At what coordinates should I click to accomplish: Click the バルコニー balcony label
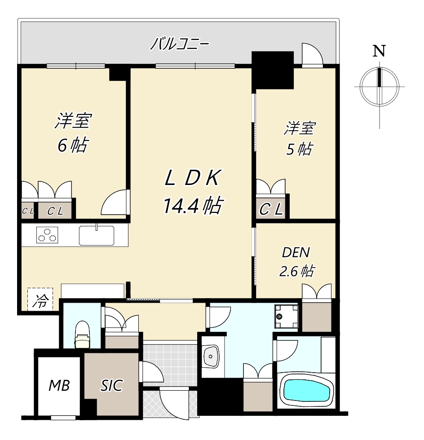(180, 44)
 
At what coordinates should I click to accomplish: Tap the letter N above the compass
(379, 51)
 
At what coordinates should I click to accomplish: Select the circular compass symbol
(380, 86)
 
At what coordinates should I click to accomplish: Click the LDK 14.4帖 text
(193, 192)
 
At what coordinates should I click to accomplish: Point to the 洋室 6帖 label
(73, 133)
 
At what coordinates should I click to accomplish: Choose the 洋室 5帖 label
(299, 138)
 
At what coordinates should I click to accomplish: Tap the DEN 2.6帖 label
(296, 262)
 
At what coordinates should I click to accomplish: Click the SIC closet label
(111, 385)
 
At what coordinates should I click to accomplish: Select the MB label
(59, 386)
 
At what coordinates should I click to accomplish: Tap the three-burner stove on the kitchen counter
(47, 234)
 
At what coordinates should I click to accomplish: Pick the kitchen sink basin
(96, 235)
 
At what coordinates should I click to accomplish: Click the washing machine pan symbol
(286, 316)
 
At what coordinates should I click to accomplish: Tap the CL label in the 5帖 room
(271, 209)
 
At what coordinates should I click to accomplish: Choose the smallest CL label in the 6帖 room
(28, 211)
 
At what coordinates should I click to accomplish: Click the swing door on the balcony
(312, 55)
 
